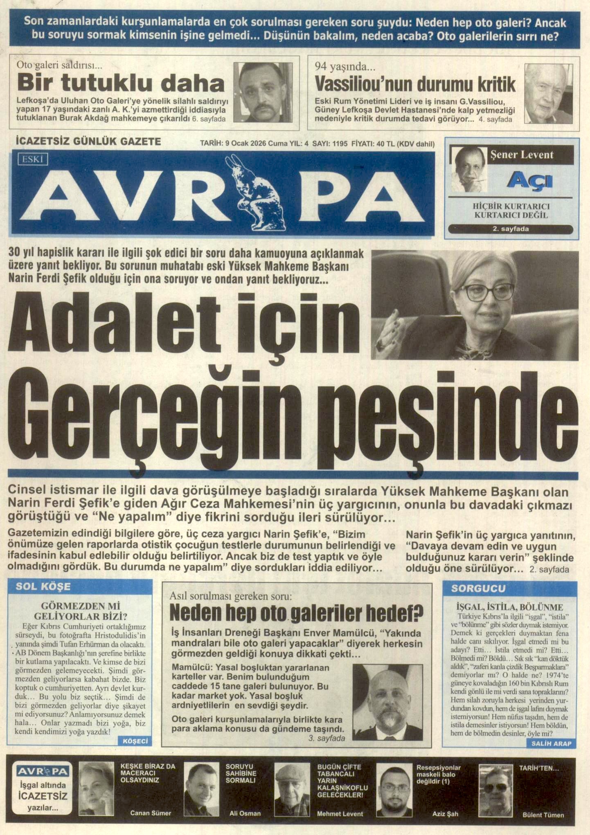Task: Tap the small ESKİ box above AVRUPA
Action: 33,159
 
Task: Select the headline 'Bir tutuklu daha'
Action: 121,84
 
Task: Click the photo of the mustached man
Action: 263,92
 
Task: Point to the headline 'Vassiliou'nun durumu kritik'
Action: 415,85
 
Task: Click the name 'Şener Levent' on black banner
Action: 522,155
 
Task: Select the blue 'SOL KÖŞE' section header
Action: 43,587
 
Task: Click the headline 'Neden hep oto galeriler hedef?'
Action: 297,613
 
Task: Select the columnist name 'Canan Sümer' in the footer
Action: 151,813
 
